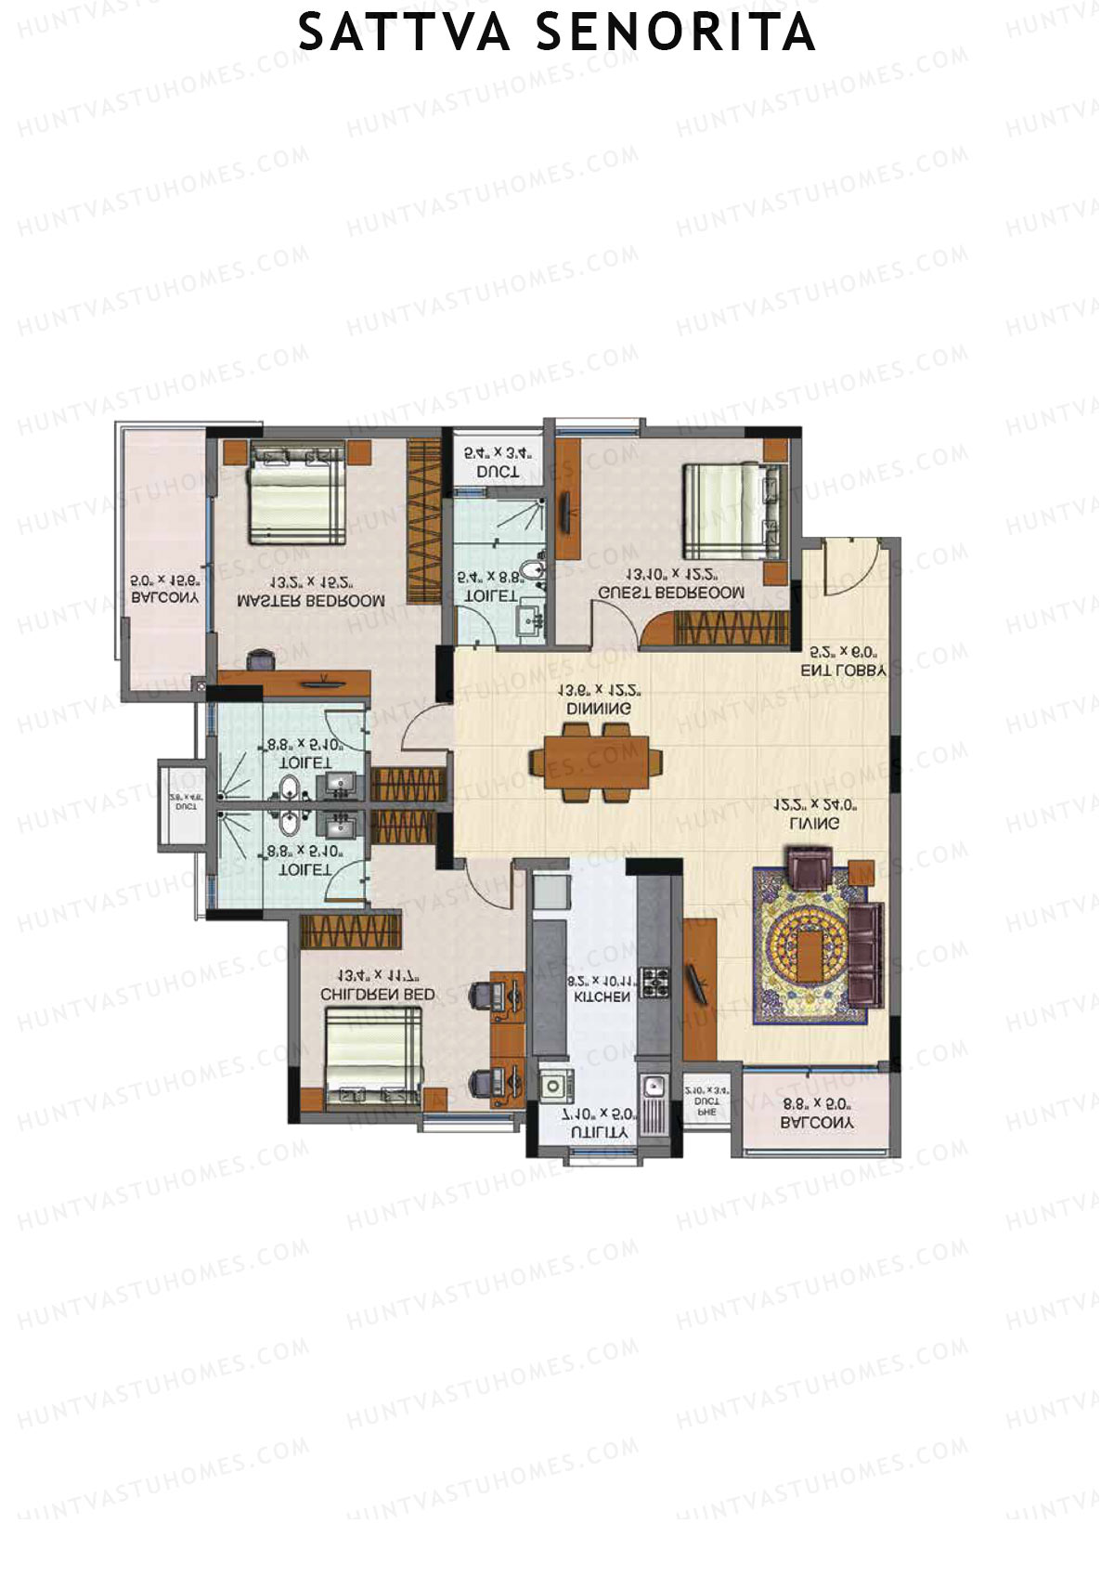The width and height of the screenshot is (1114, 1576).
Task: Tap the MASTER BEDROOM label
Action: point(310,601)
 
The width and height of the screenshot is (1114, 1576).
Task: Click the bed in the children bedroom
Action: point(373,1056)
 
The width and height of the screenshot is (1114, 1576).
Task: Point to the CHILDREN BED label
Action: point(377,994)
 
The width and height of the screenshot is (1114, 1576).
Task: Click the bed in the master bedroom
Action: point(296,493)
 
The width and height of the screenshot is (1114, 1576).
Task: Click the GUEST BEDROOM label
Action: point(671,593)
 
